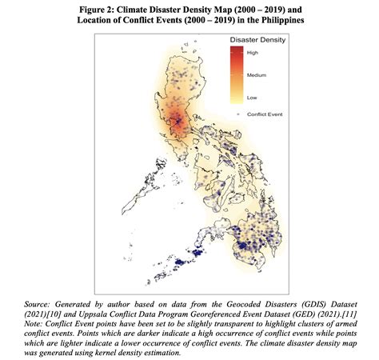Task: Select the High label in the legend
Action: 252,53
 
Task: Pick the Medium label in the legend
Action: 256,74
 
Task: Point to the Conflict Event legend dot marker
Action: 237,115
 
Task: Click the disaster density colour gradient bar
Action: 237,74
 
